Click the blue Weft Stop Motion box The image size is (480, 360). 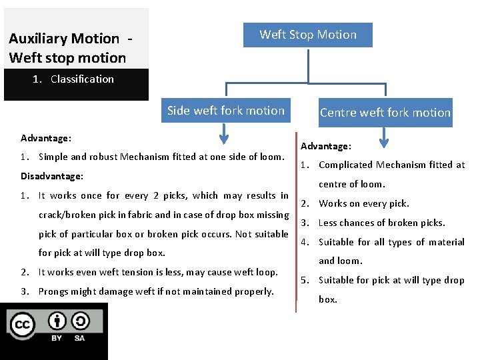click(307, 35)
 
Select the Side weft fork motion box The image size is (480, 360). click(225, 111)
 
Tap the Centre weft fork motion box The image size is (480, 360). click(385, 113)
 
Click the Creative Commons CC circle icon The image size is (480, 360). click(22, 325)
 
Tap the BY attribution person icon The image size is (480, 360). click(57, 322)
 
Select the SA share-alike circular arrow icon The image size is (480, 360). click(79, 322)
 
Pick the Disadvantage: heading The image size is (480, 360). click(52, 177)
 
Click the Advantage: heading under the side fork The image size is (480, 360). click(46, 139)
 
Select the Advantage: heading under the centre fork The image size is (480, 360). click(326, 146)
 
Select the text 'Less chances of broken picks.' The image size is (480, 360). click(381, 223)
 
